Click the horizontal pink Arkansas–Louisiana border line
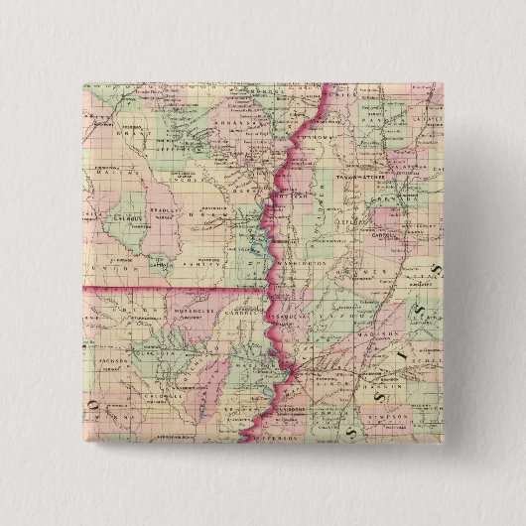click(x=169, y=289)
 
